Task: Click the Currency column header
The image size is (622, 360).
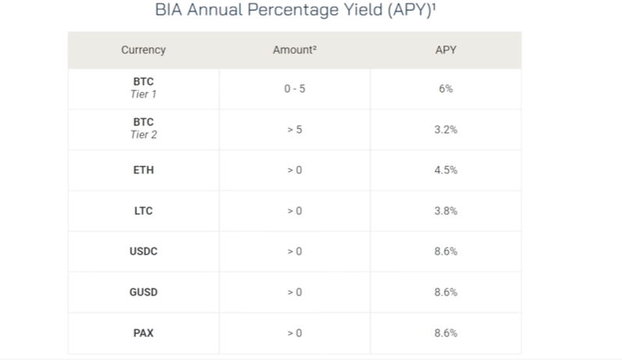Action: pyautogui.click(x=143, y=50)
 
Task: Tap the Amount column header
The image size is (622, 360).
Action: pyautogui.click(x=294, y=50)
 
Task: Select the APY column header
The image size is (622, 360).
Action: pyautogui.click(x=446, y=50)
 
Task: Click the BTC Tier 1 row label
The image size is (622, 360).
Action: pyautogui.click(x=143, y=87)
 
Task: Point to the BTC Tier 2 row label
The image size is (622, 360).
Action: pyautogui.click(x=143, y=128)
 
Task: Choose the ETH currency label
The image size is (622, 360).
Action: pyautogui.click(x=143, y=170)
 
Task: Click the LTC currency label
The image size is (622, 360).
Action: pyautogui.click(x=143, y=211)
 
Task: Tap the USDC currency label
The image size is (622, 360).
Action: pyautogui.click(x=143, y=251)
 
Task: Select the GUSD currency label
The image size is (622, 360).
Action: pyautogui.click(x=143, y=292)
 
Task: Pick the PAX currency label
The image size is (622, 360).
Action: pyautogui.click(x=143, y=333)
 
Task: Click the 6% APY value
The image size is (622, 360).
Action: pyautogui.click(x=446, y=88)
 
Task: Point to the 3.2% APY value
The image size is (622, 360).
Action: pyautogui.click(x=446, y=130)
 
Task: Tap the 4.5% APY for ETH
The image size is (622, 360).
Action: pyautogui.click(x=446, y=170)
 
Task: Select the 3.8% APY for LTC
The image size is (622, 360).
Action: pyautogui.click(x=446, y=211)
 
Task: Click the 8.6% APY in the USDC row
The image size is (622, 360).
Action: pyautogui.click(x=446, y=251)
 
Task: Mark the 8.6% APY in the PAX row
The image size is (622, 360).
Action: pyautogui.click(x=446, y=333)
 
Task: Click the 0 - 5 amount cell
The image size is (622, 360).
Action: pyautogui.click(x=295, y=88)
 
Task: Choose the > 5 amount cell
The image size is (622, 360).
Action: pyautogui.click(x=295, y=130)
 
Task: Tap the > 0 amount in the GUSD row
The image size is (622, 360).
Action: pyautogui.click(x=295, y=292)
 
